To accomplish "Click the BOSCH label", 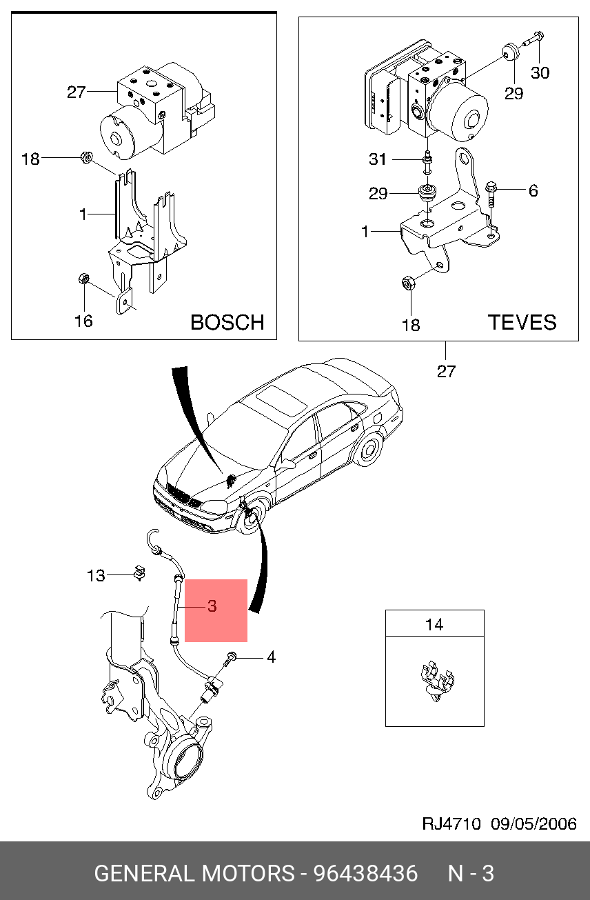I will tap(227, 322).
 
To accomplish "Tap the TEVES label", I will tap(522, 322).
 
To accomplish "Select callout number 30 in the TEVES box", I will tap(540, 72).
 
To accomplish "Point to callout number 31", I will tap(378, 160).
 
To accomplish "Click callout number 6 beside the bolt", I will tap(533, 190).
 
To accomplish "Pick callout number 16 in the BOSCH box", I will tap(83, 321).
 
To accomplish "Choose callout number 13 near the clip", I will tap(96, 575).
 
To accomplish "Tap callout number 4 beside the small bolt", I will tap(271, 658).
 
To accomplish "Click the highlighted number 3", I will tap(212, 606).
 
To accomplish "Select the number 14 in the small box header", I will tap(434, 625).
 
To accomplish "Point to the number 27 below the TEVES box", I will tap(446, 371).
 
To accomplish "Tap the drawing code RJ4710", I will tap(451, 824).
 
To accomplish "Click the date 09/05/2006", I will tap(533, 824).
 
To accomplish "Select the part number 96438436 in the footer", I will tap(365, 874).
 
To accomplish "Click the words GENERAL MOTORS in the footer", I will tap(194, 874).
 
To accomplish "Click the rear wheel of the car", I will tap(368, 450).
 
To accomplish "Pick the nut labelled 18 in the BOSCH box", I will tap(87, 157).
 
